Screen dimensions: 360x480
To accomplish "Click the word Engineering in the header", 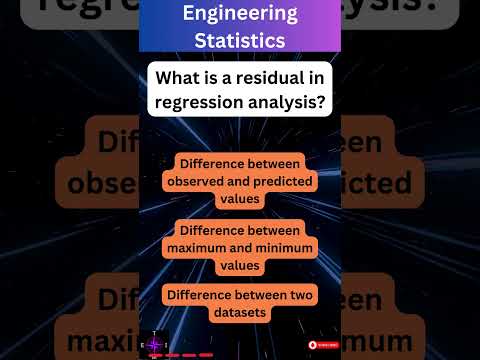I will (x=240, y=14).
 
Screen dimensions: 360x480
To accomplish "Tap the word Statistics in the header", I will (x=240, y=41).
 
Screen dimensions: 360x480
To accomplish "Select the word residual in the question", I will (x=292, y=76).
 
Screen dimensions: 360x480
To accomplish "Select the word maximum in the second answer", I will (x=208, y=246).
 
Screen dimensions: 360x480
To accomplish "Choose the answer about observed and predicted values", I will (x=240, y=180).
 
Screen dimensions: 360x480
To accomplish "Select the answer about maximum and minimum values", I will (x=240, y=246).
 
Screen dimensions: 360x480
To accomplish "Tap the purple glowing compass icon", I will (x=154, y=344).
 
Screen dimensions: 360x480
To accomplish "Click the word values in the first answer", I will (x=240, y=198).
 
